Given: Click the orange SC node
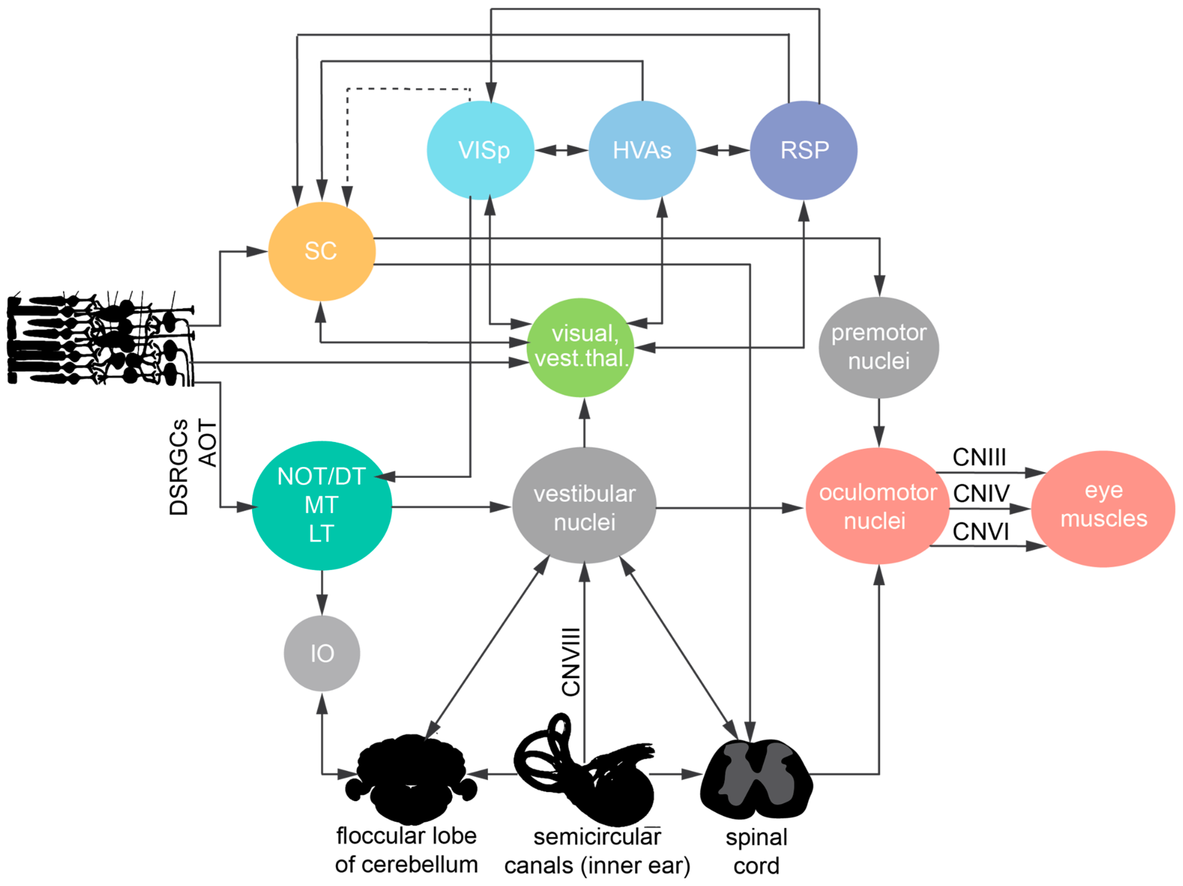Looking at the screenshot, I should click(x=321, y=251).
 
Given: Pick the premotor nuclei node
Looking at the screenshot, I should click(x=879, y=347).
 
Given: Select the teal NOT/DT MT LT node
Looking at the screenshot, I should click(x=321, y=505).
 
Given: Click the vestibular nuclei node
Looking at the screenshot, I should click(x=584, y=505).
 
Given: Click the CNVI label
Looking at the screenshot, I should click(x=980, y=532).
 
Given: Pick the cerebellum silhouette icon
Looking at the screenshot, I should click(x=411, y=777).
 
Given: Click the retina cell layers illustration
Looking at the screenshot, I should click(x=99, y=339).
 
